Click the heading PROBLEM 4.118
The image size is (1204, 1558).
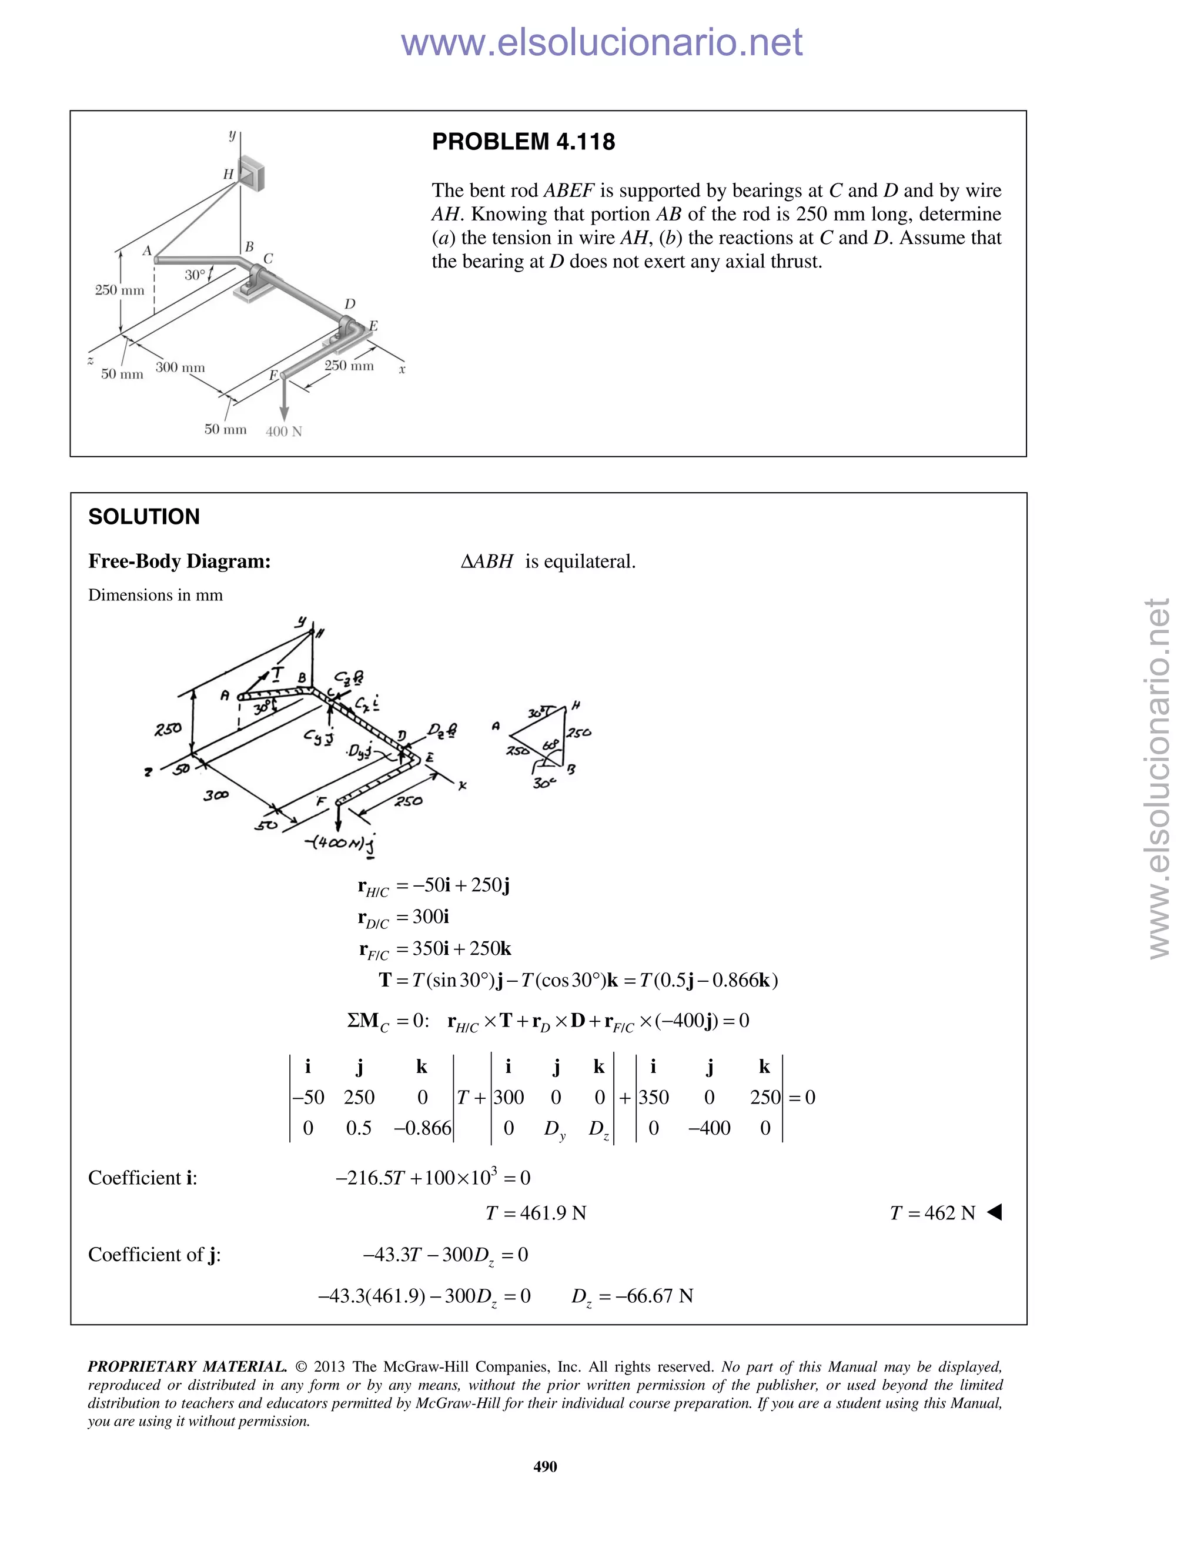[523, 142]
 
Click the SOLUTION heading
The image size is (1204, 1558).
[143, 516]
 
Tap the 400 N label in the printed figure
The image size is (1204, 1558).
[283, 432]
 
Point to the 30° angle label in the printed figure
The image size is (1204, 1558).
[194, 275]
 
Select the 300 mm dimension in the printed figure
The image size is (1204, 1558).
[180, 367]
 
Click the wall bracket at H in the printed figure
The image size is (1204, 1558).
[251, 173]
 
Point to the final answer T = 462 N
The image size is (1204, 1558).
[932, 1213]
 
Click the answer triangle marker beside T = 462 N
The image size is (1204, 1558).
[994, 1212]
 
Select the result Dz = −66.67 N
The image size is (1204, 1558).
[631, 1295]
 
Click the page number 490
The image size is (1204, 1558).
[545, 1466]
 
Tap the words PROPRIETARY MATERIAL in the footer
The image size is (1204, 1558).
[187, 1366]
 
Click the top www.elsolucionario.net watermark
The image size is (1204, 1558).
[601, 42]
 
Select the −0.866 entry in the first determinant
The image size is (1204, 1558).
[422, 1128]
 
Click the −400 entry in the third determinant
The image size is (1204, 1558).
[708, 1128]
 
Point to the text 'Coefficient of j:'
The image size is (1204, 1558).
[154, 1254]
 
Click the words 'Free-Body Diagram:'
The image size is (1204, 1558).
[179, 561]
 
